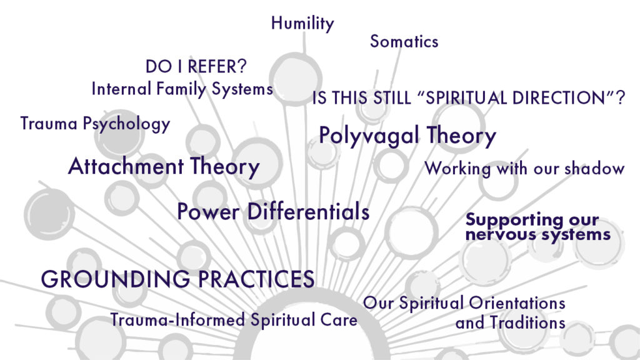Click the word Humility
coord(302,24)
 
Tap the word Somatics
coord(404,42)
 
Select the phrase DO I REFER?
coord(196,66)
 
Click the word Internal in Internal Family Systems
coord(121,89)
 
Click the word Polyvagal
coord(369,136)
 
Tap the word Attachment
coord(126,166)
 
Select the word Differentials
coord(308,211)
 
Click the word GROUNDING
coord(116,279)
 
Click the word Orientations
coord(517,303)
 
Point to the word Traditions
coord(527,323)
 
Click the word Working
coord(457,169)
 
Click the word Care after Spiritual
coord(339,319)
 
